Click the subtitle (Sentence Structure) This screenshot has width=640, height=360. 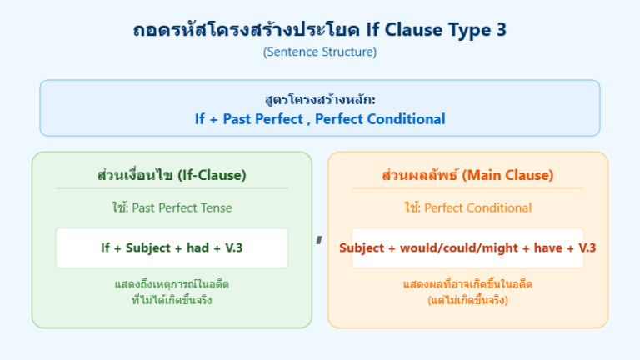click(320, 52)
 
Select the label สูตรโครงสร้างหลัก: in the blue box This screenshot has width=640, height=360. click(320, 100)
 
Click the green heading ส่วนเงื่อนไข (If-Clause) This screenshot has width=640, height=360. click(172, 175)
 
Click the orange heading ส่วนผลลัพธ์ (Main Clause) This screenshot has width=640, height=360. click(467, 175)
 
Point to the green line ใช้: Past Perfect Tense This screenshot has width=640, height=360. click(172, 207)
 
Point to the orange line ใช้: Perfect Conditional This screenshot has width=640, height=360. click(467, 207)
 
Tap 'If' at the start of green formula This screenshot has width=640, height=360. click(106, 248)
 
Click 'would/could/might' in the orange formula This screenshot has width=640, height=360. click(453, 248)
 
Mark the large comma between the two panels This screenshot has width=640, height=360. click(319, 240)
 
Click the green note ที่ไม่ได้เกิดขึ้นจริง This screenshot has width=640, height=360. click(172, 300)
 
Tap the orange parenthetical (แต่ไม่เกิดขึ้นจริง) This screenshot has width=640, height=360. click(467, 300)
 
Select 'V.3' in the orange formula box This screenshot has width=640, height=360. click(587, 248)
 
